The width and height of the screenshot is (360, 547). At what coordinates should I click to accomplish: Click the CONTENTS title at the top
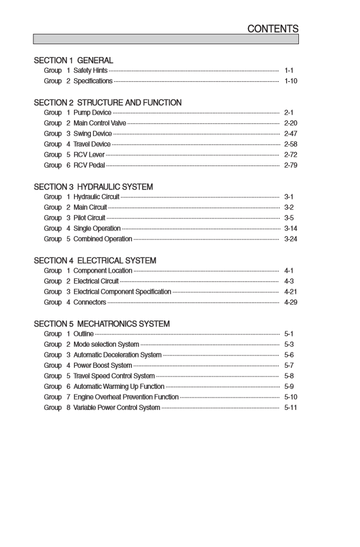[x=273, y=29]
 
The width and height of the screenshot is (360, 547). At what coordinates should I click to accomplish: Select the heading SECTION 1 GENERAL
[x=73, y=61]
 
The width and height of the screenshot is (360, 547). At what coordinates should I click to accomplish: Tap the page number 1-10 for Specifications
[x=291, y=81]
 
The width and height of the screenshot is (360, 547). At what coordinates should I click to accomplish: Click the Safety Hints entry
[x=90, y=70]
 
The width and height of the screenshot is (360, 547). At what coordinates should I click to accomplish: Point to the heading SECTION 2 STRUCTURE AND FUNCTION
[x=107, y=103]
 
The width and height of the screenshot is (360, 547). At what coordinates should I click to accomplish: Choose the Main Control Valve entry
[x=100, y=123]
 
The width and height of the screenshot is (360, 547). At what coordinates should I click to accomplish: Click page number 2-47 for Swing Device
[x=291, y=134]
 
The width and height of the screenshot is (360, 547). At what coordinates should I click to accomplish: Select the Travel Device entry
[x=91, y=144]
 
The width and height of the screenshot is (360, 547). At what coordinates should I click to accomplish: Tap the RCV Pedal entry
[x=89, y=165]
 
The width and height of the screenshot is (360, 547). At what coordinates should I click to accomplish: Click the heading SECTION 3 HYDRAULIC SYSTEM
[x=93, y=186]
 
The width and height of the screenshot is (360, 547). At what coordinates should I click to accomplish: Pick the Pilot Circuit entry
[x=89, y=218]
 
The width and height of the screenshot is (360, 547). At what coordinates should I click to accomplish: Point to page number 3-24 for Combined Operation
[x=291, y=239]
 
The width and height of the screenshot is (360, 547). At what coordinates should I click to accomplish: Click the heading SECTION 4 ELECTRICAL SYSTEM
[x=95, y=260]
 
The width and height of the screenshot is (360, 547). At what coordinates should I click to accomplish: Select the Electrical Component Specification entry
[x=122, y=292]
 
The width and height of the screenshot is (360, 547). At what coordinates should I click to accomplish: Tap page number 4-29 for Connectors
[x=291, y=302]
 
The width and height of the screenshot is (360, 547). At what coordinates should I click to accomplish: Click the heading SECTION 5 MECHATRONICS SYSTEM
[x=102, y=324]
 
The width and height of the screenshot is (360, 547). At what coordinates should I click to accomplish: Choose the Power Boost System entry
[x=103, y=365]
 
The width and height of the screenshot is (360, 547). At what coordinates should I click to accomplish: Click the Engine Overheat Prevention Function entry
[x=126, y=397]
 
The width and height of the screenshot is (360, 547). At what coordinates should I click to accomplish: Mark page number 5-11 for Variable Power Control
[x=291, y=407]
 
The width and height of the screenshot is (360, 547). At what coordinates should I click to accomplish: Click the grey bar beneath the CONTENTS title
[x=166, y=39]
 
